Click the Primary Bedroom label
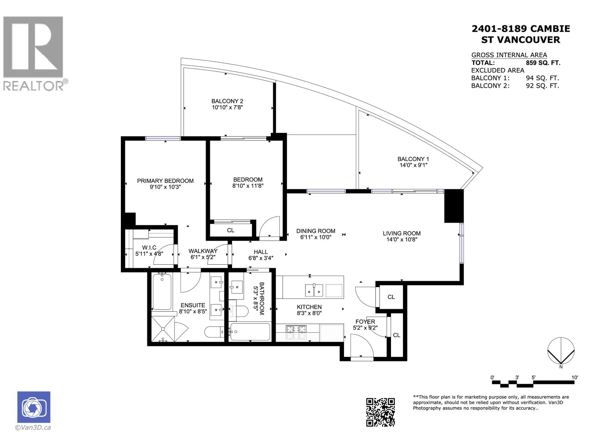[165, 181]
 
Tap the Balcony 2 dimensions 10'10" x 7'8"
[227, 108]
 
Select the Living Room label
[401, 233]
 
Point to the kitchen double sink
[314, 290]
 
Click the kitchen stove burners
[296, 330]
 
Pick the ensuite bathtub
[162, 292]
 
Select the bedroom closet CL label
[231, 230]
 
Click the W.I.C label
[149, 248]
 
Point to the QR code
[380, 412]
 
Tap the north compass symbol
[561, 351]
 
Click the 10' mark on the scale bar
[574, 377]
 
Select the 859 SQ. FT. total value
[543, 63]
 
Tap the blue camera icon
[34, 407]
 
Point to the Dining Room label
[316, 231]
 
